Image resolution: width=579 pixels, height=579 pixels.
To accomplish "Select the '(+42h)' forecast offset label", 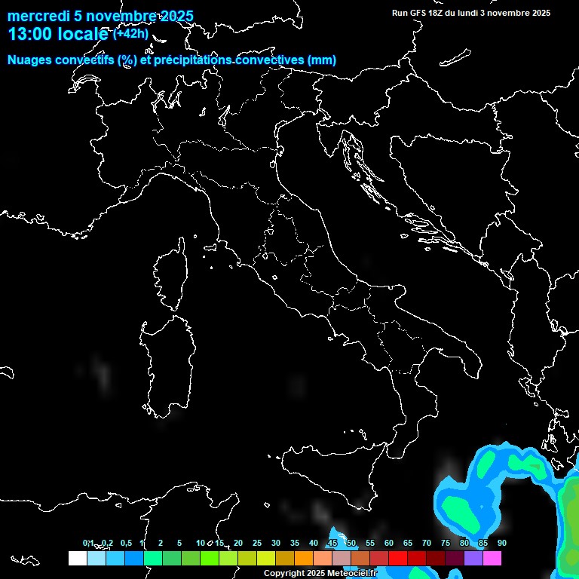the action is pos(130,33).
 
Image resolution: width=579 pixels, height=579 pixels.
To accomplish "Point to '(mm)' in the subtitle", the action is pos(320,60).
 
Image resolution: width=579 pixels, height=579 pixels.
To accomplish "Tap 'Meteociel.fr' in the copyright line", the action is pos(351,574).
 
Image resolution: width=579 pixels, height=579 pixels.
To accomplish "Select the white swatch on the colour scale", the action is pos(77,558).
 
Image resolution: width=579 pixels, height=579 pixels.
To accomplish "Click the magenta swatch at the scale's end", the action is pos(492,558).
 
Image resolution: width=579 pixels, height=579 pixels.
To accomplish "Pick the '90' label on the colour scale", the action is pos(501,543).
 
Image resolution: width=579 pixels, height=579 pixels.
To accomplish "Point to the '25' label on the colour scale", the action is pos(256,543).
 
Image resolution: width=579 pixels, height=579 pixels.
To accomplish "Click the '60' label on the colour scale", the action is pos(388,543).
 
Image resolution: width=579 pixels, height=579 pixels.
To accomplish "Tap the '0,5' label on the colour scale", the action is pos(126,543).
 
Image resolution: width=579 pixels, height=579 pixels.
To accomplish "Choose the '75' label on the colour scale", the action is pos(445,543).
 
